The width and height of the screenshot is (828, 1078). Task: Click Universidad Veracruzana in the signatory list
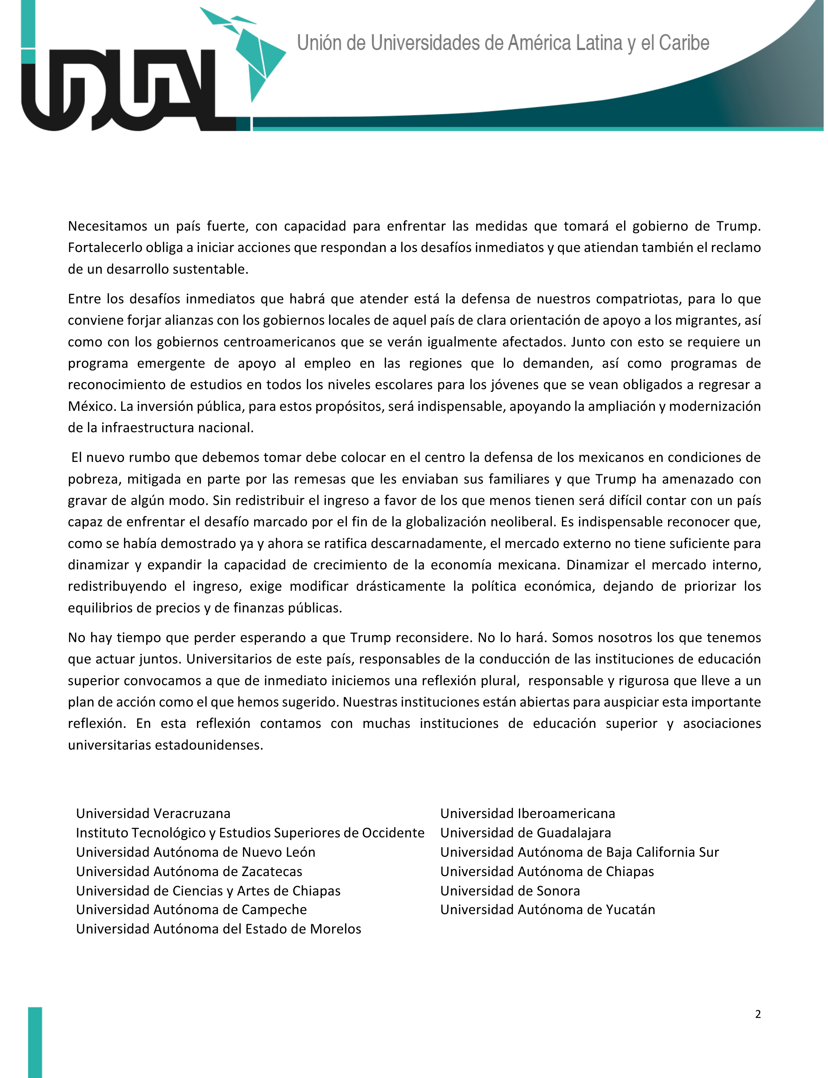[153, 813]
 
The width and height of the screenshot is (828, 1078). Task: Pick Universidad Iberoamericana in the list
[528, 813]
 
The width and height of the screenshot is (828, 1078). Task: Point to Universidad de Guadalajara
[526, 833]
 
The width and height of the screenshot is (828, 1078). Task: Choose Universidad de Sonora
[510, 891]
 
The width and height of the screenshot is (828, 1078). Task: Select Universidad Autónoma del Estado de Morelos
[218, 929]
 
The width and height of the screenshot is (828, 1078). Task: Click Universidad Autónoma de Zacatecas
[189, 871]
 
